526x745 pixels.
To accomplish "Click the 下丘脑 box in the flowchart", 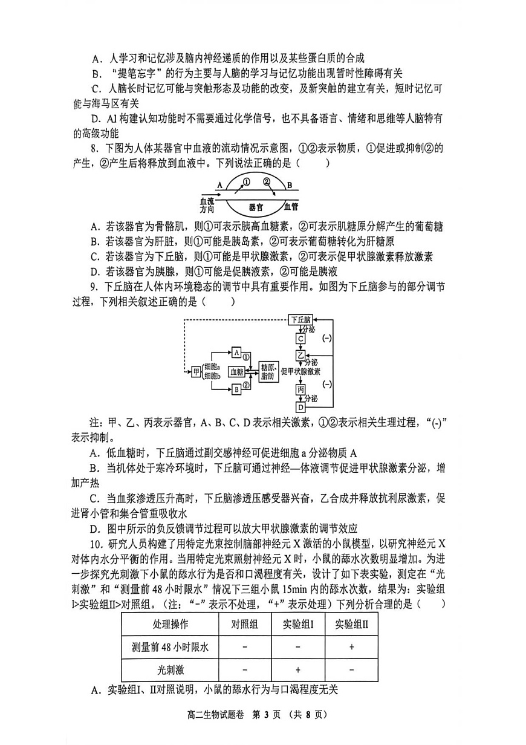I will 300,319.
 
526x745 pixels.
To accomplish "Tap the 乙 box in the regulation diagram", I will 300,354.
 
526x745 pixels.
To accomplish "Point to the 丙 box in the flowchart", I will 300,390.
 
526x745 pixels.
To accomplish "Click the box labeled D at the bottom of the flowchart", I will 300,408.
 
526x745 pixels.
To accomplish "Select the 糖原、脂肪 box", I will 268,371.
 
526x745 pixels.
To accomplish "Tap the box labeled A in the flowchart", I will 236,352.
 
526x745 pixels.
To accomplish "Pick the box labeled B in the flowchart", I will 236,390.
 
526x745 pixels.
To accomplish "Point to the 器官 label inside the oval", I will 256,206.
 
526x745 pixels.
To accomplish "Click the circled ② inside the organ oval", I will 267,181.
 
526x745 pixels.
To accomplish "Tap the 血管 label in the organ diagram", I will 291,206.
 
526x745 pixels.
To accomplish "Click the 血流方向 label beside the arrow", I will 207,204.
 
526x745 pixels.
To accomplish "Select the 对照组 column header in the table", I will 245,624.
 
